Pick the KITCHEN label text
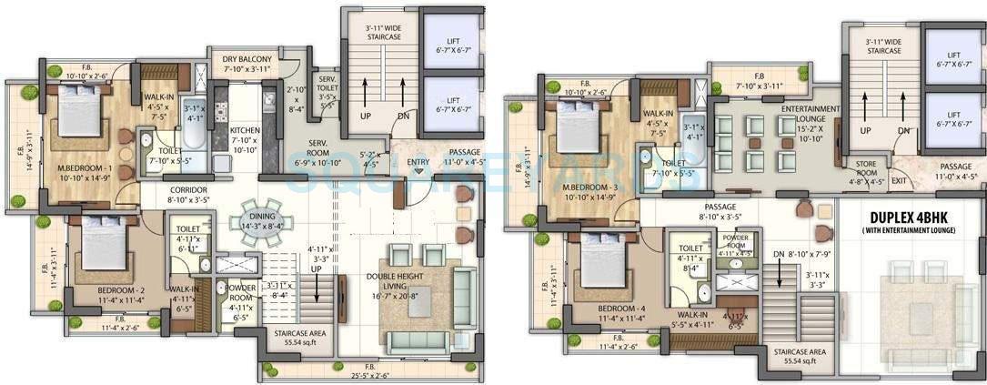(244, 129)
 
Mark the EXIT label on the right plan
(900, 181)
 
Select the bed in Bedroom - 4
(601, 261)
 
